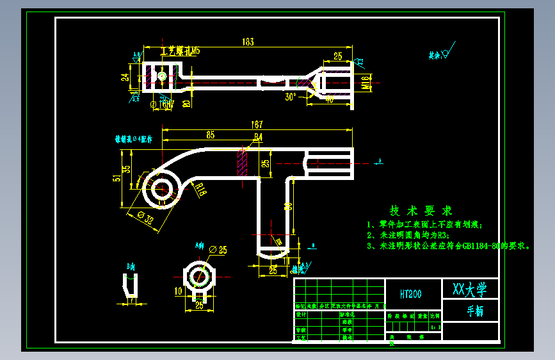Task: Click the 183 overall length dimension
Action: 248,42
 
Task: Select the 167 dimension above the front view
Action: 257,125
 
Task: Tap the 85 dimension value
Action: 210,135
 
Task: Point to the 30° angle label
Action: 291,97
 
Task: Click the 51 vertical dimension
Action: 116,179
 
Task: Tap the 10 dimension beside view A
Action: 178,290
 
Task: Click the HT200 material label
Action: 410,295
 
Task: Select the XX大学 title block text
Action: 470,289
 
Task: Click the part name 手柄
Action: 475,311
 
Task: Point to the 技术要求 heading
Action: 421,211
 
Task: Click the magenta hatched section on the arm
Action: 243,163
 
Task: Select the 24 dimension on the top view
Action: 125,76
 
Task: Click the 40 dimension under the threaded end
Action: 329,99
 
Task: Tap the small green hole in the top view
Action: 162,76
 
